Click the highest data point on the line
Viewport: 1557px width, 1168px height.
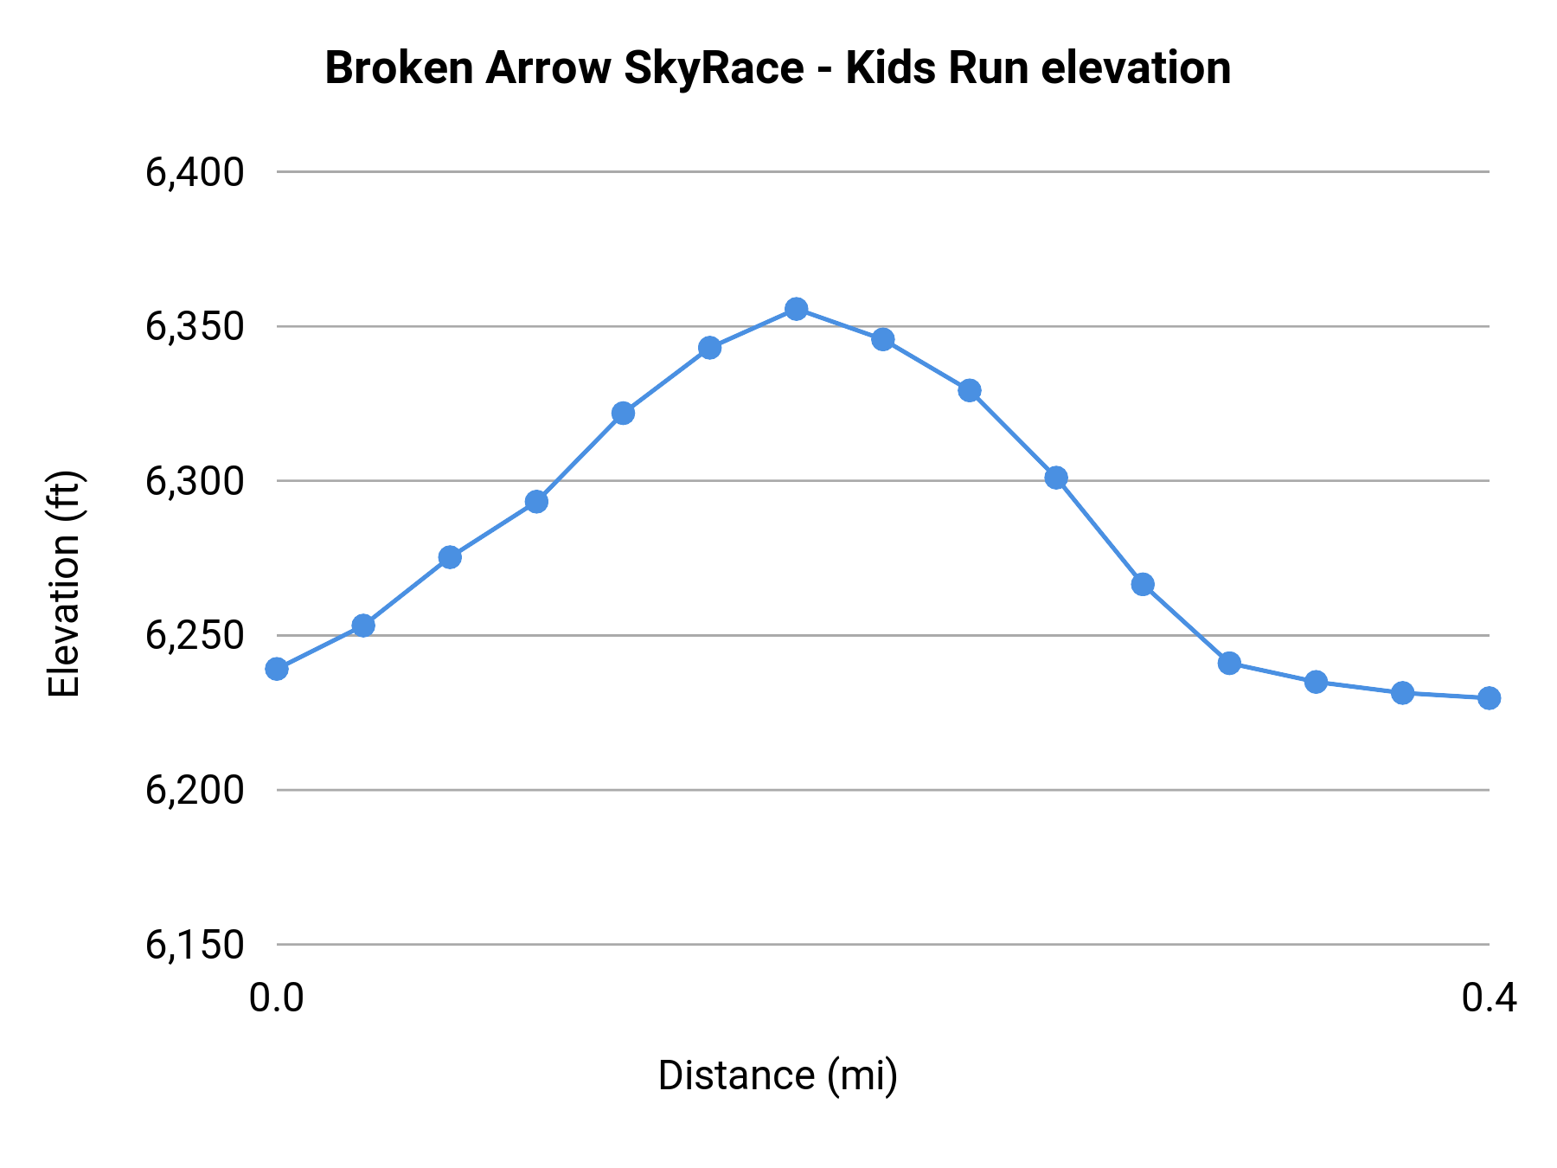click(796, 309)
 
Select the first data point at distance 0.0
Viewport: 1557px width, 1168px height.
click(277, 669)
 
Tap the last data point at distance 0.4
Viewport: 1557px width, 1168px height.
click(1489, 697)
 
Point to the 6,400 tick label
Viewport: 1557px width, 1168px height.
click(195, 172)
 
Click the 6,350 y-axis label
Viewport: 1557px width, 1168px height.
click(195, 327)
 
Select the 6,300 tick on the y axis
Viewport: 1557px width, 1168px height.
click(195, 481)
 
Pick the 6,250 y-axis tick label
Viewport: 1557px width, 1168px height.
click(195, 636)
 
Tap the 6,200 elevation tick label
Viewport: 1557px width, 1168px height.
click(195, 790)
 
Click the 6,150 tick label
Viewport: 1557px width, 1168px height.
click(195, 945)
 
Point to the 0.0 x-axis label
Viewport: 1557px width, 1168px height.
click(277, 998)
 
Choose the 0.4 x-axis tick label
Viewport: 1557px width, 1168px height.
click(1489, 998)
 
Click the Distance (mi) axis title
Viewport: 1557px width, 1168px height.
click(778, 1075)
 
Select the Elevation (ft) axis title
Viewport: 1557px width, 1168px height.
click(64, 584)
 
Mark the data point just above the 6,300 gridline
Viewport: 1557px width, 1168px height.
click(1056, 478)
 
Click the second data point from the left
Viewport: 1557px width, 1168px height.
click(363, 625)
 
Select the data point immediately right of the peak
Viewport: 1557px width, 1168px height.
click(882, 339)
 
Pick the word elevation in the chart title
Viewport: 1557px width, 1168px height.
click(1136, 68)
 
